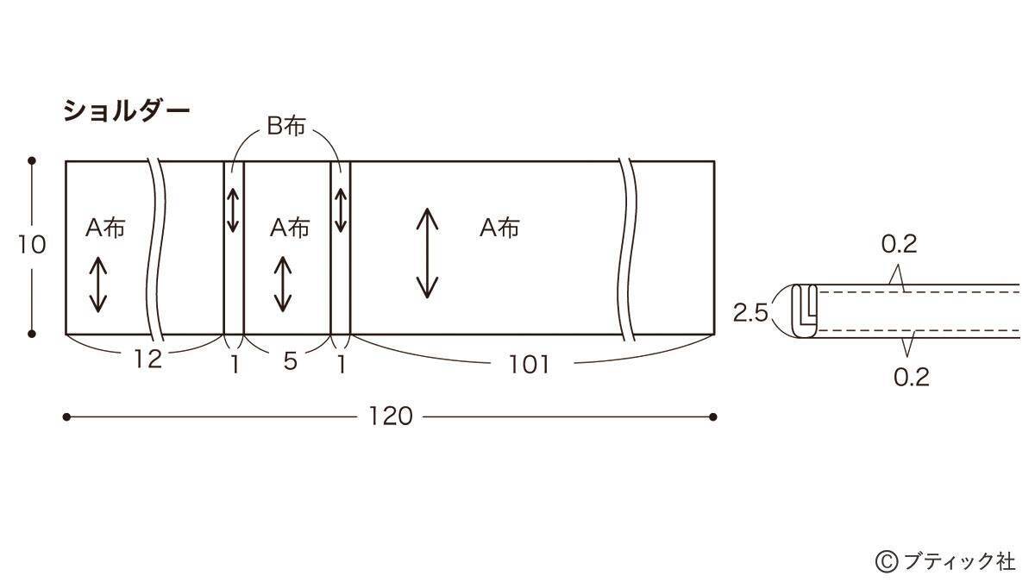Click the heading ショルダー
coord(125,110)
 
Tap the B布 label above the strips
coord(285,128)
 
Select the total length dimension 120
coord(390,417)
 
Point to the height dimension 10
coord(31,246)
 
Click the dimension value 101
coord(529,365)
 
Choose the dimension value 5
coord(290,362)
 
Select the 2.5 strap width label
coord(750,313)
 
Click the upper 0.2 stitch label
coord(898,245)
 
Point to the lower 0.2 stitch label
coord(911,377)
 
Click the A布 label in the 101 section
coord(499,228)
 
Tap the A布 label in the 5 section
coord(289,228)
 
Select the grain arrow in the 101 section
coord(427,253)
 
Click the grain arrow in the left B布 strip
coord(234,210)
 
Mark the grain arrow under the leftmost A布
coord(97,285)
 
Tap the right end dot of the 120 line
coord(713,417)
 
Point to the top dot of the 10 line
coord(32,160)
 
